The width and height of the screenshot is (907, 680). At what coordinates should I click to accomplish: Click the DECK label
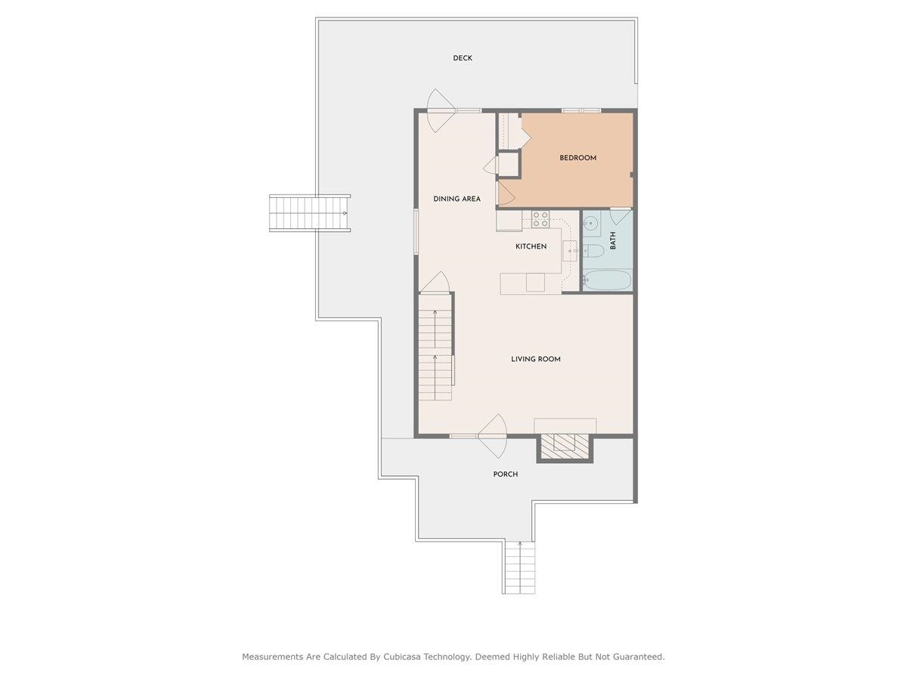(463, 58)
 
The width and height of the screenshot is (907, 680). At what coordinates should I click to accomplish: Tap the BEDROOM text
(577, 158)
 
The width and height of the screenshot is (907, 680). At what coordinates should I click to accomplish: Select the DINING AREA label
(457, 199)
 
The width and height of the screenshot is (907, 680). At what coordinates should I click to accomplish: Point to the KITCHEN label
(531, 246)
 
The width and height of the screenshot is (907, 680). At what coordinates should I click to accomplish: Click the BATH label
(613, 241)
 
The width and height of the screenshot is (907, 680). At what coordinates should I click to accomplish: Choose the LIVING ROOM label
(535, 359)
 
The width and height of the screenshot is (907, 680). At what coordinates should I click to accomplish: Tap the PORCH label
(506, 474)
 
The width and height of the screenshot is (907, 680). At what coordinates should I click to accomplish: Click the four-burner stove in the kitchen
(540, 219)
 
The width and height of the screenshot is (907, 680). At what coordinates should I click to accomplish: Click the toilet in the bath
(594, 250)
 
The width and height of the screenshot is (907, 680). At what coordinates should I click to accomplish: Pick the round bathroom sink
(590, 224)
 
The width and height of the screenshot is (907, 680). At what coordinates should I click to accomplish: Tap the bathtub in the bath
(608, 280)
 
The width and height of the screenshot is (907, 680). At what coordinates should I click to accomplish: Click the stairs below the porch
(519, 567)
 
